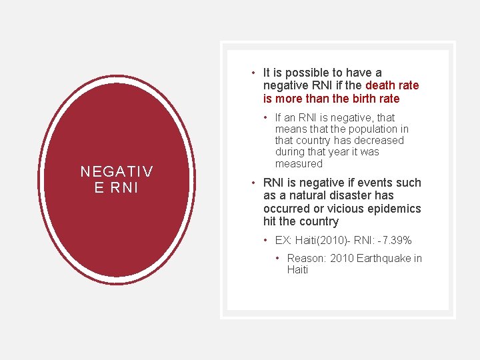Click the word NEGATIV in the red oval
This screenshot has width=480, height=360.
click(117, 171)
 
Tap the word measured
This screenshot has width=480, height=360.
click(298, 163)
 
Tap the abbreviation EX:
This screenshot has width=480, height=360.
click(284, 240)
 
